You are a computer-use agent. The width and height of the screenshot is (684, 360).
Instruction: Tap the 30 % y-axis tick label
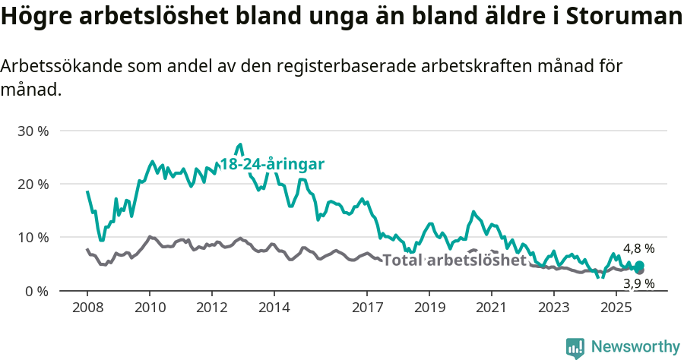point(33,131)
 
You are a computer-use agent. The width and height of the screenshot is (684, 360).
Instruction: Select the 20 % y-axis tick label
point(33,184)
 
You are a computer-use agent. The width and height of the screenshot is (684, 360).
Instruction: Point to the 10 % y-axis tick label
point(33,237)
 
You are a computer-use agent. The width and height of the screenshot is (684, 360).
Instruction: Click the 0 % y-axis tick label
point(36,290)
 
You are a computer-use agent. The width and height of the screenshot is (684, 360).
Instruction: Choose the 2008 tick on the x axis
point(87,308)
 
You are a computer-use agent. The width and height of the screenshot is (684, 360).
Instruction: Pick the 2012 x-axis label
point(211,308)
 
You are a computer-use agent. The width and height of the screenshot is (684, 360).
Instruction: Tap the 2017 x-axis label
point(367,308)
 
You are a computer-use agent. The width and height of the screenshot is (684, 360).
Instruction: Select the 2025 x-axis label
point(616,308)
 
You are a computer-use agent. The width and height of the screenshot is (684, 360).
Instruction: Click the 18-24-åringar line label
point(272,164)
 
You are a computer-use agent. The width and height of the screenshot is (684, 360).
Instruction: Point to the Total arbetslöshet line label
point(454,261)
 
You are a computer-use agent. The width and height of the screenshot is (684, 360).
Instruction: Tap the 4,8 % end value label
point(639,248)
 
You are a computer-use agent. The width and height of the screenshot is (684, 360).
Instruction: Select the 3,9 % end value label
point(639,284)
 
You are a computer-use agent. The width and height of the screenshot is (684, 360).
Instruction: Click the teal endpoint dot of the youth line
point(639,265)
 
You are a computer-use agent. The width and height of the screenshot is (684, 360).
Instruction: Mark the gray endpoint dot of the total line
point(639,270)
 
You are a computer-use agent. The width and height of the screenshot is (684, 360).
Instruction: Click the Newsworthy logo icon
point(575,348)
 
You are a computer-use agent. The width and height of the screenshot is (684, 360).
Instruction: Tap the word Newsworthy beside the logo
point(635,347)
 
